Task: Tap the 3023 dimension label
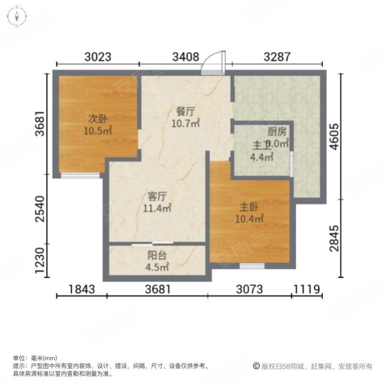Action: click(98, 57)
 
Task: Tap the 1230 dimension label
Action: click(40, 262)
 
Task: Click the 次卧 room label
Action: click(98, 118)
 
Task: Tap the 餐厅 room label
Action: click(185, 110)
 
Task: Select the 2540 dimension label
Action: click(40, 209)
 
